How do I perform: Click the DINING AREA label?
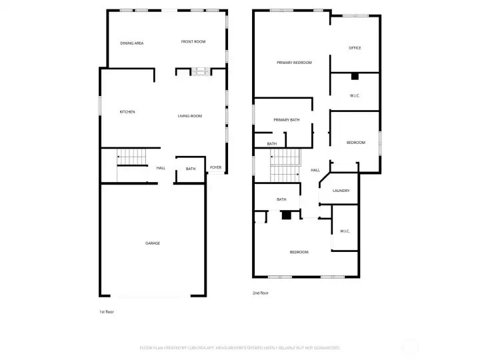point(132,43)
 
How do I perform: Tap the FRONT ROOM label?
point(193,42)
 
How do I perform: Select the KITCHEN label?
point(127,112)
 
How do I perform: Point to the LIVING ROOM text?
point(189,116)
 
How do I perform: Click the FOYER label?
point(215,167)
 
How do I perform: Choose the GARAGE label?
point(153,243)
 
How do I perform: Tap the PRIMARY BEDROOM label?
point(294,62)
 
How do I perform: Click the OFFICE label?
point(355,48)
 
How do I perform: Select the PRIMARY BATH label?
point(287,120)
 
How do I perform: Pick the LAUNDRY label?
point(341,191)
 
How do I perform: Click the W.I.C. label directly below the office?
point(355,96)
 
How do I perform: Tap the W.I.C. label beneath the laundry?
point(345,231)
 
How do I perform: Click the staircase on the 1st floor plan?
point(131,158)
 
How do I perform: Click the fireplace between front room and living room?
point(199,71)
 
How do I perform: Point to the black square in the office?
point(355,75)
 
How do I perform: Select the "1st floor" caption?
point(107,311)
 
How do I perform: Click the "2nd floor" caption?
point(261,293)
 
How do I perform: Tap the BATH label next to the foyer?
point(191,169)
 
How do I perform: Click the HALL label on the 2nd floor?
point(315,170)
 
